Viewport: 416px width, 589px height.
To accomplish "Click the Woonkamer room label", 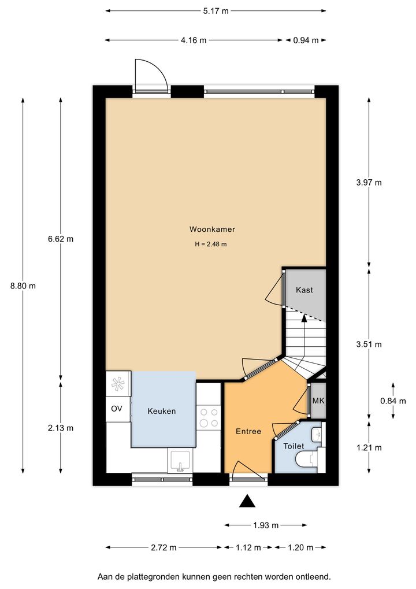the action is [x=212, y=229].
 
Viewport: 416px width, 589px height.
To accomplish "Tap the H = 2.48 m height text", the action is [x=211, y=244].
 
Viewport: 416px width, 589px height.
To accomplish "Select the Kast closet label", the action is [x=304, y=290].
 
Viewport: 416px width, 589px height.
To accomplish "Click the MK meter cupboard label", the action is [x=318, y=401].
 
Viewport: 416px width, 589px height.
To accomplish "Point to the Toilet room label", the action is [x=294, y=446].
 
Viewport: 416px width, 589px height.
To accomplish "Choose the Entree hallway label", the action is [x=248, y=432].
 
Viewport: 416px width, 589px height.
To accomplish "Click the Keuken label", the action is [x=161, y=412].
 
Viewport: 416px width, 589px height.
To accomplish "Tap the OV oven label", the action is [x=116, y=408].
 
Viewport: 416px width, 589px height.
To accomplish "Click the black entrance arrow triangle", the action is [x=247, y=501].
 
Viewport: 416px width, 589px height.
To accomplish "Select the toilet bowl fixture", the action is [x=307, y=460].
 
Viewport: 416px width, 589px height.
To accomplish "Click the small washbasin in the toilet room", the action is [x=317, y=435].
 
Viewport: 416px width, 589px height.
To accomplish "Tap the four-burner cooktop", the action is [x=209, y=418].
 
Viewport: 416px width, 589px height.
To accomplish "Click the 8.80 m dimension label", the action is [x=23, y=286].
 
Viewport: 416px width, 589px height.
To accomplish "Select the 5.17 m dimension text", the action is [x=216, y=11].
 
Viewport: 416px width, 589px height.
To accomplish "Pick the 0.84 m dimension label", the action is [x=393, y=401].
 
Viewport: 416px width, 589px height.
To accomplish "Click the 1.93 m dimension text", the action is [x=266, y=525].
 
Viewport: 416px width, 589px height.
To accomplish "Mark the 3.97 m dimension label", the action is [x=369, y=183].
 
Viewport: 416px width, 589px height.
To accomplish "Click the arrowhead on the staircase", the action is [x=304, y=318].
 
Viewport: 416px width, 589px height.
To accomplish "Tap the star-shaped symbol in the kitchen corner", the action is [x=118, y=384].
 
